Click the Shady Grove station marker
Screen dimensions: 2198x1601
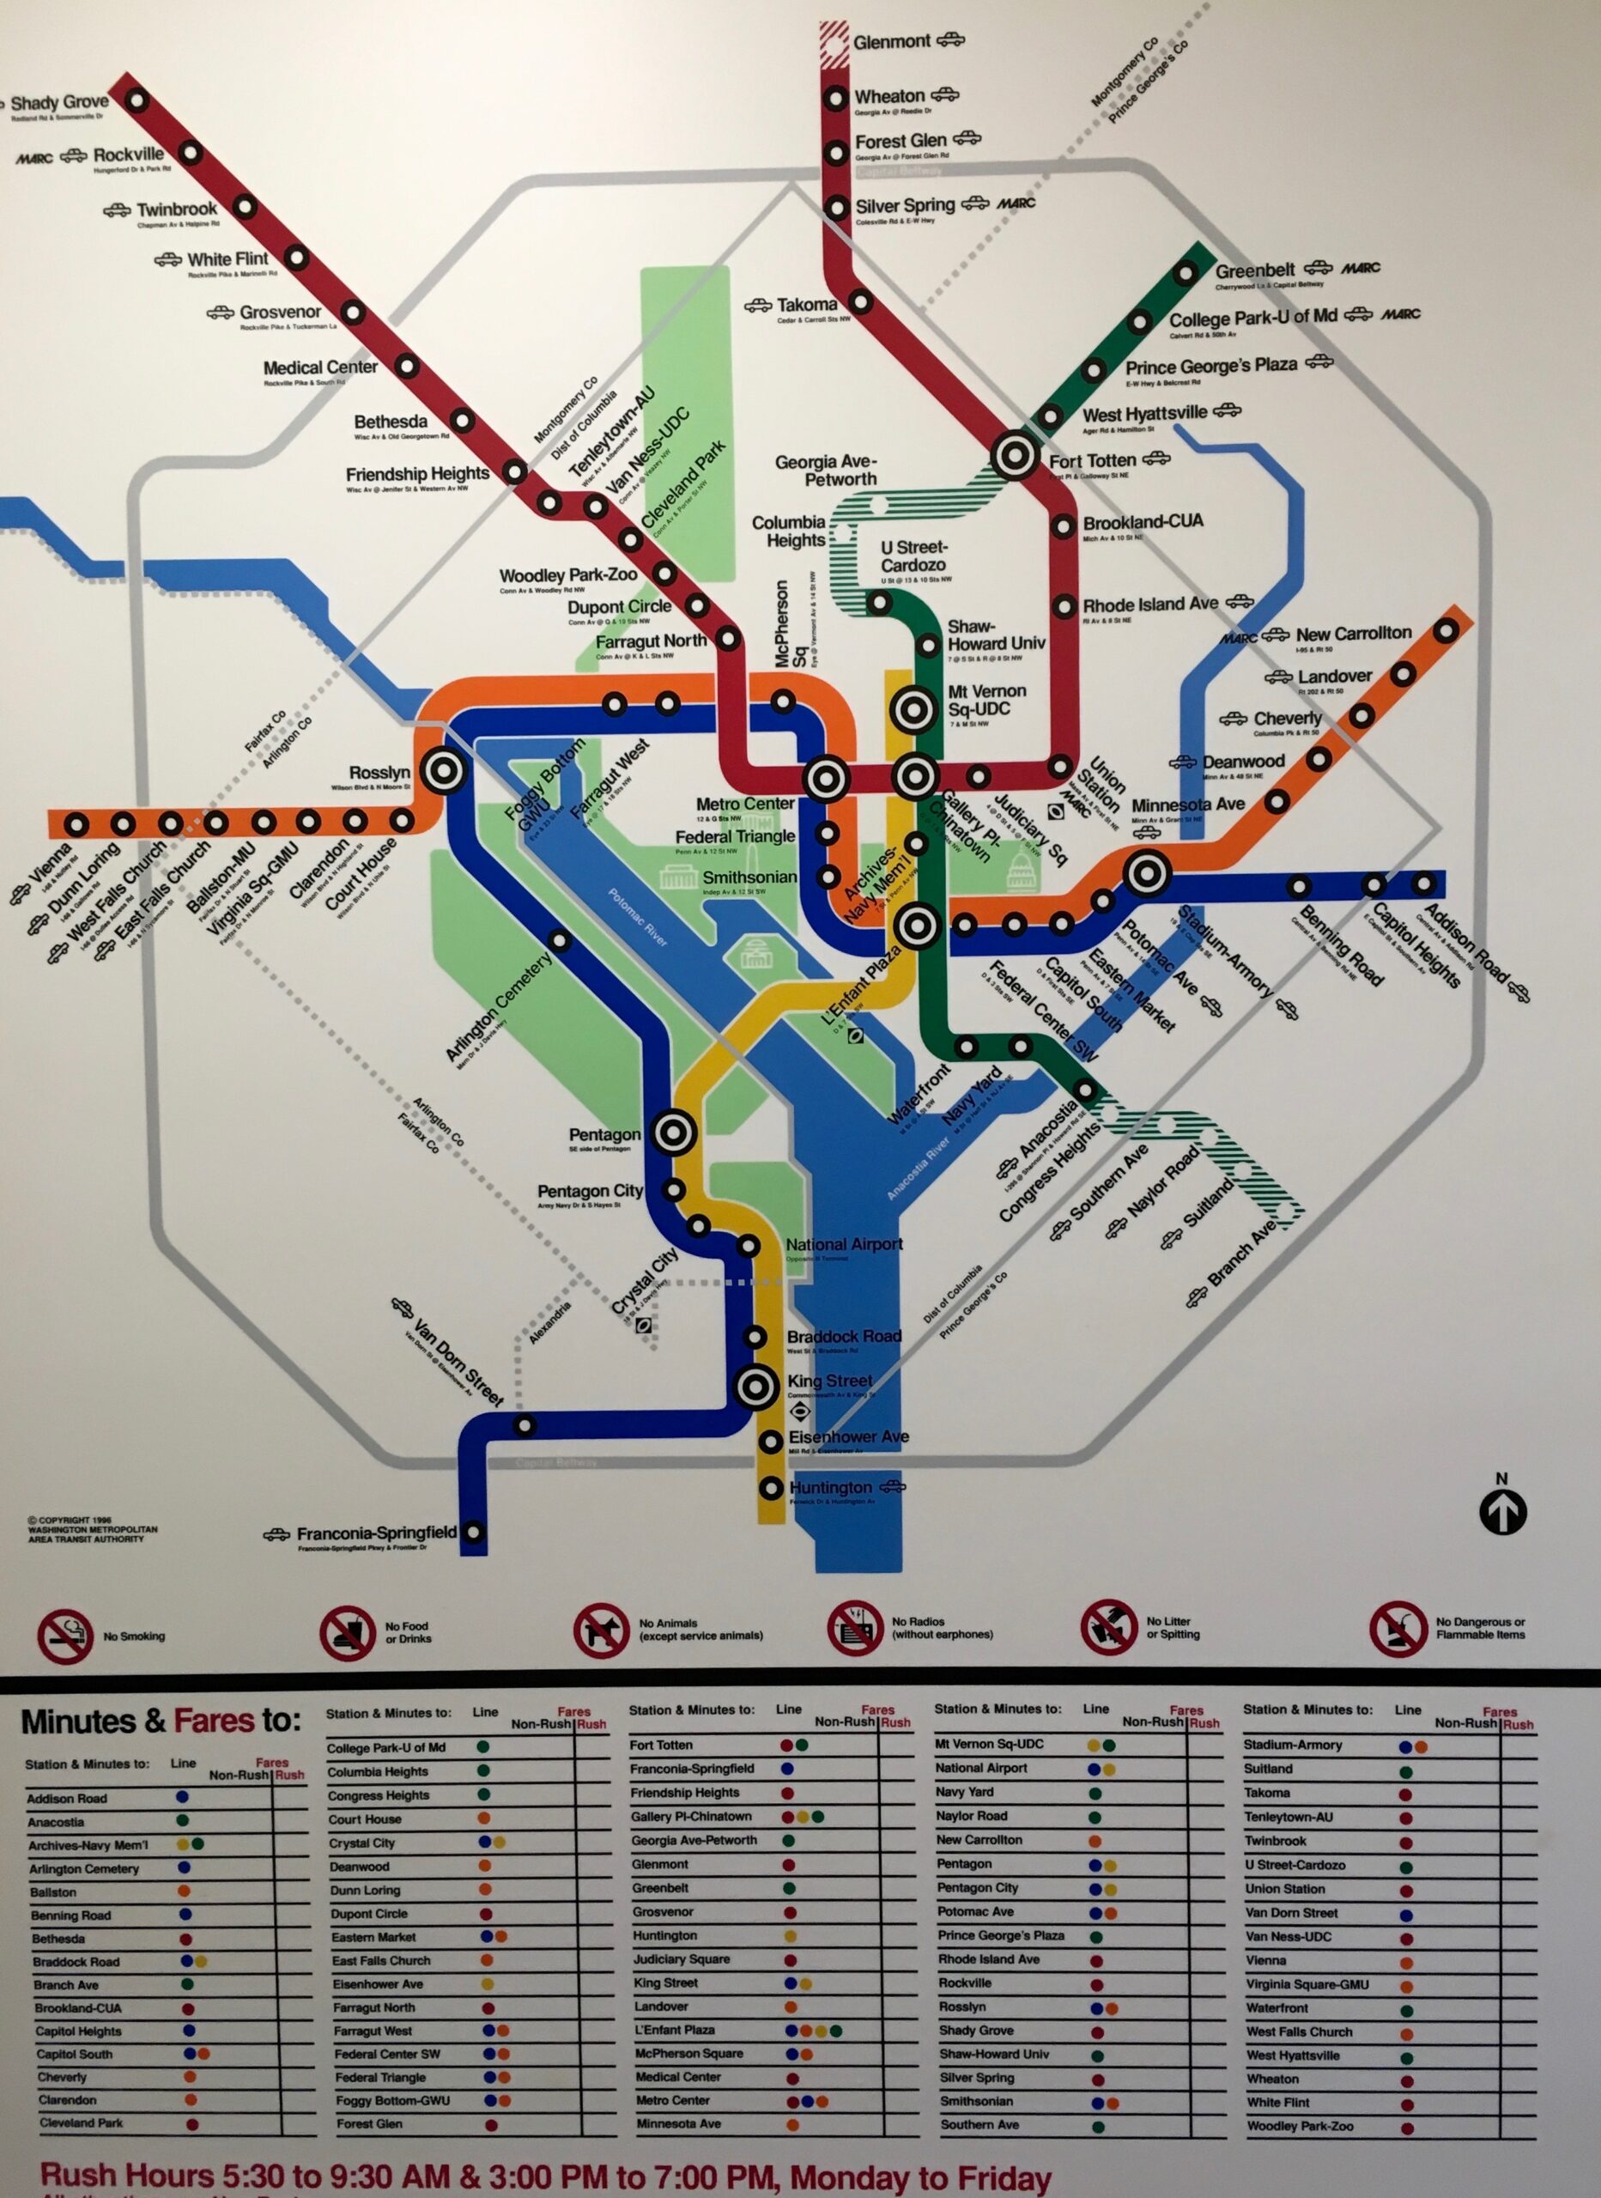136,99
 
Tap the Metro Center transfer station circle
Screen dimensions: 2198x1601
827,778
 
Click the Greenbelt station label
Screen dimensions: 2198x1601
1254,270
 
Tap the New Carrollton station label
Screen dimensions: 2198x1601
1353,633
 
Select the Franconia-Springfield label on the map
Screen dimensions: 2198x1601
376,1533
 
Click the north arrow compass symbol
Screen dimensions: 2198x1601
1502,1511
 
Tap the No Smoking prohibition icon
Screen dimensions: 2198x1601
65,1636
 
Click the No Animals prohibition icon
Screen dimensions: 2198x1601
600,1630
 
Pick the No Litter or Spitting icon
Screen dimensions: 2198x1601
1109,1627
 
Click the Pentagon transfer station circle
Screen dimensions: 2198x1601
675,1132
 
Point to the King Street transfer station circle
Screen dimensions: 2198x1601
755,1387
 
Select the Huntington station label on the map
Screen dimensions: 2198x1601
829,1486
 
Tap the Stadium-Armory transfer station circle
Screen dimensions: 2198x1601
1148,873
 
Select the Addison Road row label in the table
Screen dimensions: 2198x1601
67,1798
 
